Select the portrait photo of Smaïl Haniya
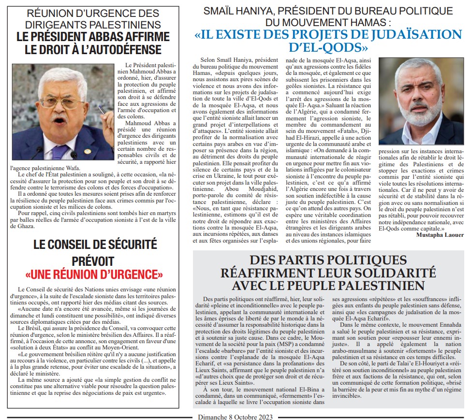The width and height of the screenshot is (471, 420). [x=421, y=101]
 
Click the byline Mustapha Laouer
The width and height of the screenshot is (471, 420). [x=439, y=235]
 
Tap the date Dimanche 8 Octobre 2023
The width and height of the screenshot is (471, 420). [x=235, y=416]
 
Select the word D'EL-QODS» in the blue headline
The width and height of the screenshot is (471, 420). [x=328, y=48]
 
